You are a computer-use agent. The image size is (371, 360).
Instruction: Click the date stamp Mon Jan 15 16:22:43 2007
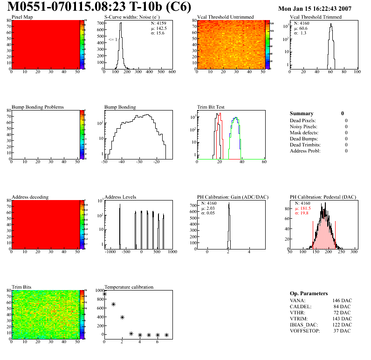pyautogui.click(x=315, y=9)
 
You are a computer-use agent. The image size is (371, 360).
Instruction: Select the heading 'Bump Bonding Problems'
pyautogui.click(x=37, y=107)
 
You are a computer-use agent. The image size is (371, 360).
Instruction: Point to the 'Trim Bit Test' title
pyautogui.click(x=211, y=107)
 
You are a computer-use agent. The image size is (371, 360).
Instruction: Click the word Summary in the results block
pyautogui.click(x=302, y=113)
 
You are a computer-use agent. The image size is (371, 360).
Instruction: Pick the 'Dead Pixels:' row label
pyautogui.click(x=303, y=120)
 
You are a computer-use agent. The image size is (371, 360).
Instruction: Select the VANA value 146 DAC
pyautogui.click(x=343, y=300)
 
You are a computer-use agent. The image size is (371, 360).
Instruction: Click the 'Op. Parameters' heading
pyautogui.click(x=309, y=293)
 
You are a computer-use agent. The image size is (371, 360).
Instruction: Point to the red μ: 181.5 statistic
pyautogui.click(x=305, y=208)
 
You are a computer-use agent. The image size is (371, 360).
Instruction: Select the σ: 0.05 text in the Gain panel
pyautogui.click(x=211, y=213)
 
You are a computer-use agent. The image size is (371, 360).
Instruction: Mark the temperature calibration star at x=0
pyautogui.click(x=105, y=294)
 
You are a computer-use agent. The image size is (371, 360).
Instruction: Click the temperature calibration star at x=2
pyautogui.click(x=123, y=317)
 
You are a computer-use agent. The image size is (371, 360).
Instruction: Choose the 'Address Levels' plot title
pyautogui.click(x=120, y=197)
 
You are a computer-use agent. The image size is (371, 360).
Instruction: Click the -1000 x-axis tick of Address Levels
pyautogui.click(x=110, y=252)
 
